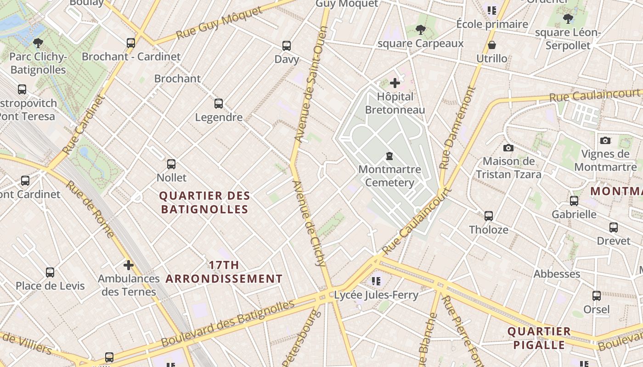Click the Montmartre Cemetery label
coord(389,176)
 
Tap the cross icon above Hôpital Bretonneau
coord(395,83)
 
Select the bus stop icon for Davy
coord(287,46)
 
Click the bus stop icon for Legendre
coord(219,104)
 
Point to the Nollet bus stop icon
coord(171,164)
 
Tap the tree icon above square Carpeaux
coord(420,30)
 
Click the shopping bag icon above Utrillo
coord(491,45)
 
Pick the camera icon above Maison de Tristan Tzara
coord(508,148)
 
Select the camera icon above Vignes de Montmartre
coord(605,140)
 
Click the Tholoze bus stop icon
coord(489,216)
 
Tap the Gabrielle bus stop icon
coord(574,201)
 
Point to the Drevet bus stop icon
coord(614,228)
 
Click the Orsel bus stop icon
coord(597,296)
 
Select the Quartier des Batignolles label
coord(204,203)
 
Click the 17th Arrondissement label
coord(224,272)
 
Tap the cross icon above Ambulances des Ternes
coord(129,265)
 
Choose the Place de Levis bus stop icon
coord(50,272)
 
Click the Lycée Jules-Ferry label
coord(376,295)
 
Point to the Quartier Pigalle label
coord(539,338)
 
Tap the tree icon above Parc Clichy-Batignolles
coord(38,44)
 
